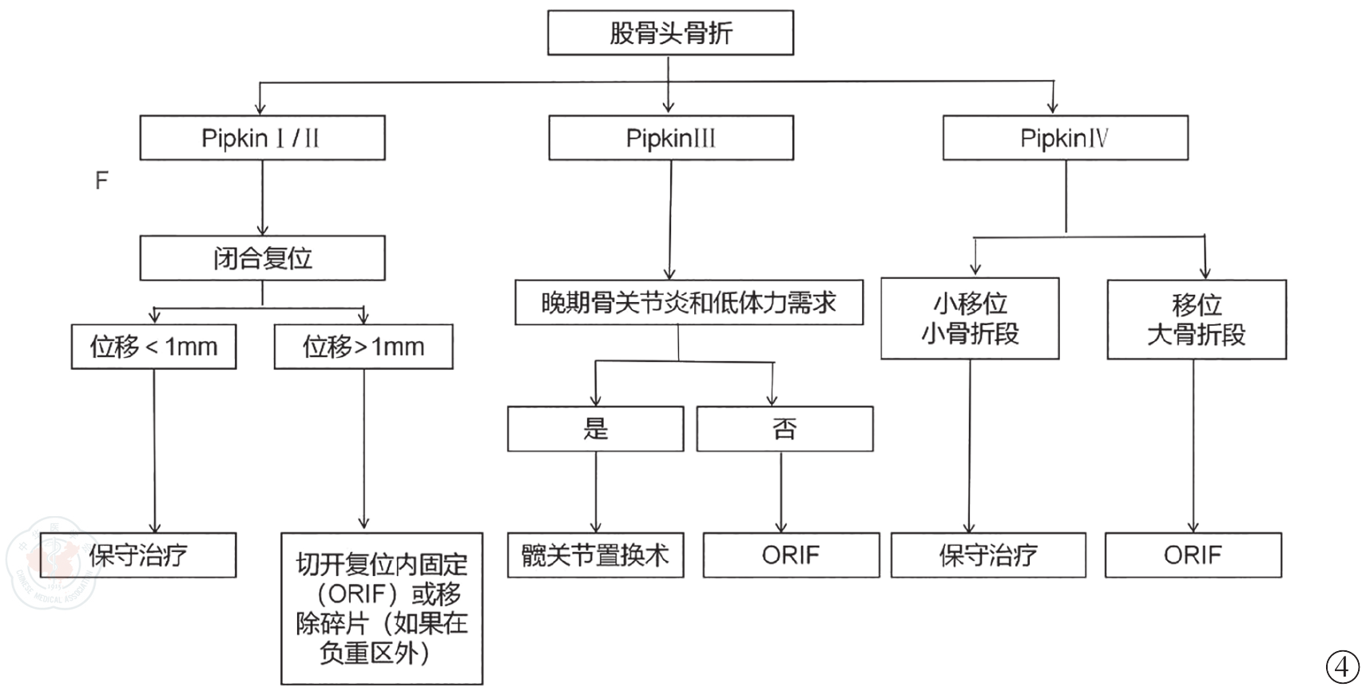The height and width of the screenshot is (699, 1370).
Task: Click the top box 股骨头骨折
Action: click(x=670, y=33)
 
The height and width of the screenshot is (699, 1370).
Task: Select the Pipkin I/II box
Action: click(x=262, y=137)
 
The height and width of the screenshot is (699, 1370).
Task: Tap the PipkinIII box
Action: click(x=670, y=137)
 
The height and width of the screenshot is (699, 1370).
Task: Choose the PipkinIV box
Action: click(x=1065, y=137)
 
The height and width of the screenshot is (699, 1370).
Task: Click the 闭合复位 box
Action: click(x=262, y=258)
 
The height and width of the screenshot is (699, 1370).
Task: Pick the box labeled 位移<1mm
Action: click(x=153, y=347)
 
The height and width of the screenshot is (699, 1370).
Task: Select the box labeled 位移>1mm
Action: click(x=363, y=347)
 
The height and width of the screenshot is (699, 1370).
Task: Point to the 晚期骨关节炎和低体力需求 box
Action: click(x=689, y=302)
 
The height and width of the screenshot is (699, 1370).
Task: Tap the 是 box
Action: click(x=595, y=429)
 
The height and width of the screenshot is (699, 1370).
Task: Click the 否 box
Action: click(x=784, y=429)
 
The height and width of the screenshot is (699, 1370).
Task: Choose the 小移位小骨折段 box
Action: click(x=970, y=319)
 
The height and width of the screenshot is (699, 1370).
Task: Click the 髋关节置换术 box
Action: click(x=595, y=555)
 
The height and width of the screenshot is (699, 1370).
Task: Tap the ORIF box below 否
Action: click(x=791, y=555)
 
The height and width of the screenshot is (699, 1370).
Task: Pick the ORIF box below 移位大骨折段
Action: click(x=1193, y=555)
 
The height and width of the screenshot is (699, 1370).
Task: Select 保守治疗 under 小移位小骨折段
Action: click(x=988, y=555)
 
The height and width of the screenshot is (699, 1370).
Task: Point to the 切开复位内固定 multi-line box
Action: click(x=382, y=609)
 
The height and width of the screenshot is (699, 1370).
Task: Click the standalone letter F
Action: click(x=101, y=181)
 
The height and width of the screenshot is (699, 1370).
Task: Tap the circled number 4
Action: click(x=1342, y=667)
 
